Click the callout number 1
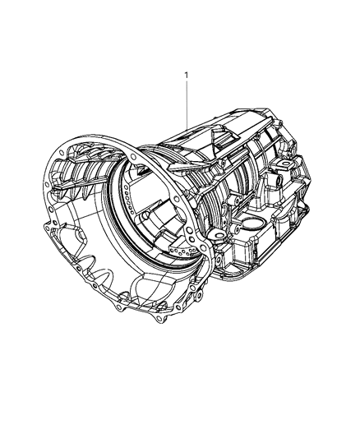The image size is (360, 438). pyautogui.click(x=186, y=76)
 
